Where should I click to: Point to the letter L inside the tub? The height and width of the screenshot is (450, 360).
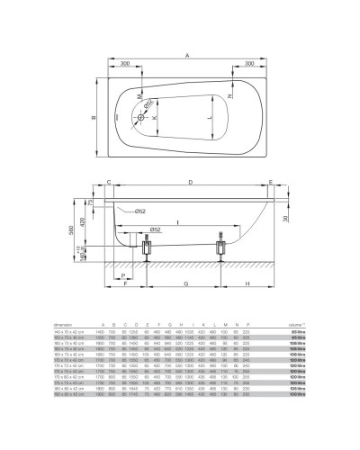[x=208, y=117]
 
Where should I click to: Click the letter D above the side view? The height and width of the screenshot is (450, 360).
[x=189, y=182]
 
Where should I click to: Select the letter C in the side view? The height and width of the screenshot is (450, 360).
[x=108, y=182]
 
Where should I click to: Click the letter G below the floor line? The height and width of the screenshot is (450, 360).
[x=184, y=283]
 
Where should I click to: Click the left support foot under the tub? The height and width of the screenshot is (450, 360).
[x=145, y=249]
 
